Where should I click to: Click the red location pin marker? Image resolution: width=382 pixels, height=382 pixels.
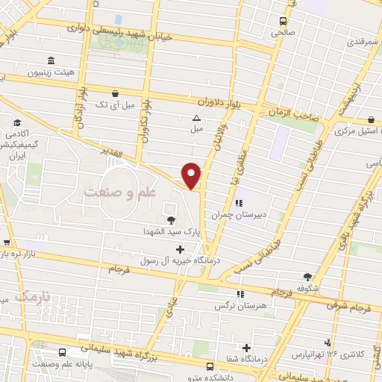point(192,175)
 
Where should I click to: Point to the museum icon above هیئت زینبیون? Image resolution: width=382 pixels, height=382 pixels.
point(50,61)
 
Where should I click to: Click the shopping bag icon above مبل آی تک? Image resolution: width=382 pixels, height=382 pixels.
point(114,94)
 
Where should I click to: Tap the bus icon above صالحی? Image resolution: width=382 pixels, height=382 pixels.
point(283,22)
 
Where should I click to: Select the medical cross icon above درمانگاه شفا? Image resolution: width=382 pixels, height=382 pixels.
point(246,347)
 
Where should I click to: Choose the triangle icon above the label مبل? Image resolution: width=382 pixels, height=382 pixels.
point(196,118)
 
